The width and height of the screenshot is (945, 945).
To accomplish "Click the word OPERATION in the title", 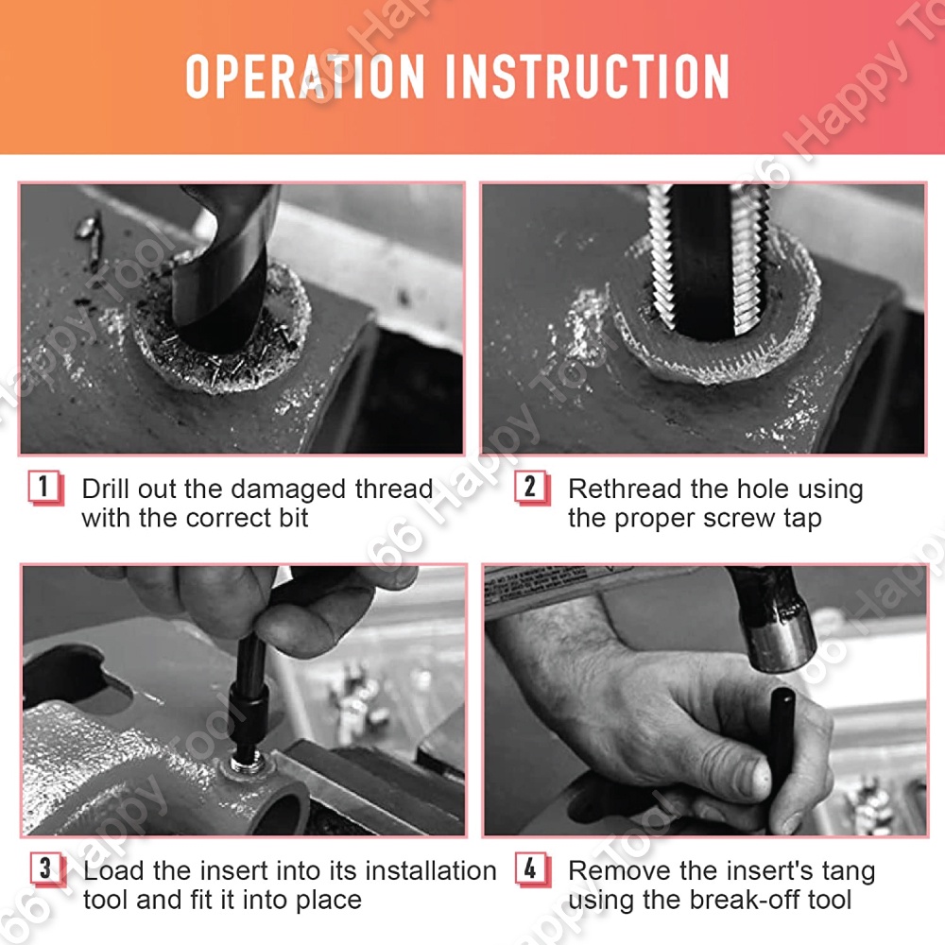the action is (x=305, y=77).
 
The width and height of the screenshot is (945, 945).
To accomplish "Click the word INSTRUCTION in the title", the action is (x=588, y=77).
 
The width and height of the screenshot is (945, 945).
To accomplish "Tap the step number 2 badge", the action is (x=530, y=487).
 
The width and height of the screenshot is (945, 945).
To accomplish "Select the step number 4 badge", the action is (x=531, y=868).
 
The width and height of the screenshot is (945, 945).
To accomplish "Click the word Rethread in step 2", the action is (x=625, y=489).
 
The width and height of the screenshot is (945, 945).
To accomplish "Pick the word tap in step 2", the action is (x=802, y=519).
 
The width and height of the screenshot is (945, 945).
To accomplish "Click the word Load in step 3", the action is (x=114, y=871).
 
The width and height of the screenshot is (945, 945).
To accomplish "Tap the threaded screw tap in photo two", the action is (x=709, y=259).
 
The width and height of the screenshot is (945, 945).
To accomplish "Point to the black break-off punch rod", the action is (x=782, y=741).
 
